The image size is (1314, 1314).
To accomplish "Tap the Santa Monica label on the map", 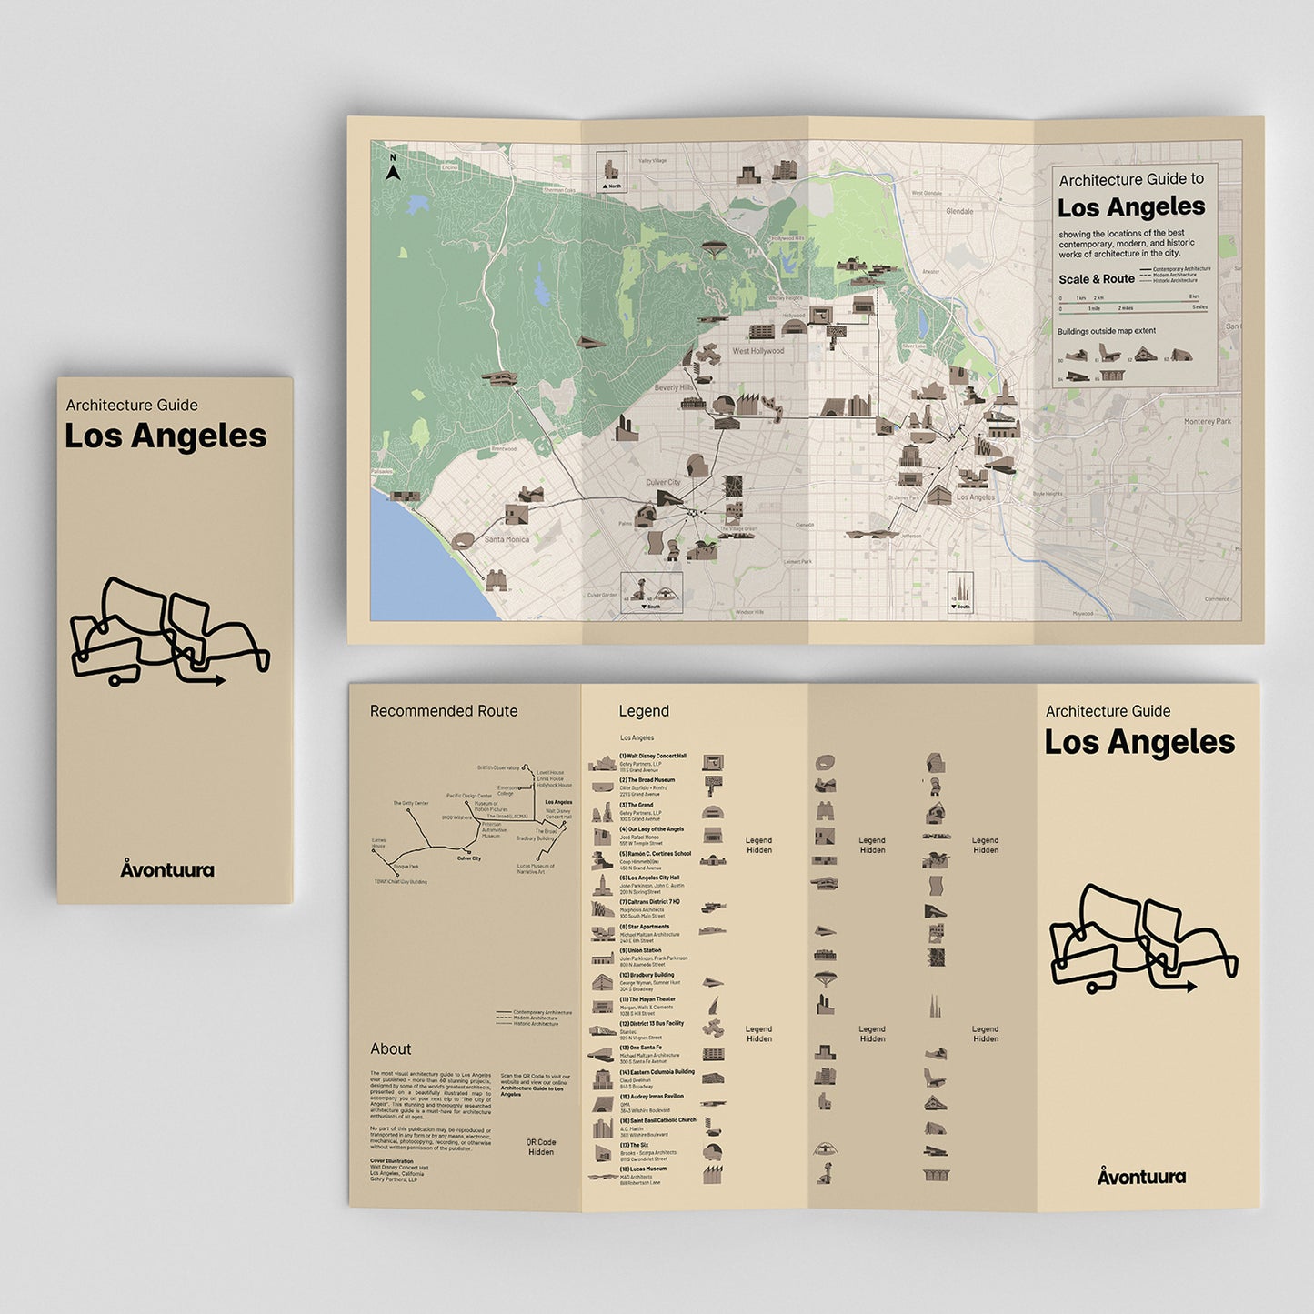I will click(507, 539).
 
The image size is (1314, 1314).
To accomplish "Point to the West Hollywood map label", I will click(757, 351).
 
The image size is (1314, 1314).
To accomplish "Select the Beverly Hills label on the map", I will click(674, 387).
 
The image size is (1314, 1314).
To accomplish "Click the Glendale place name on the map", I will click(959, 211).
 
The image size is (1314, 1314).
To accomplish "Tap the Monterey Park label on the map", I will click(1207, 422).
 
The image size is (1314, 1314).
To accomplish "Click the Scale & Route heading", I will click(1096, 279).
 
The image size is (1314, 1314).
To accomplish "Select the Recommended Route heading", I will click(444, 711).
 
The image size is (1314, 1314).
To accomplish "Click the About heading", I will click(390, 1048).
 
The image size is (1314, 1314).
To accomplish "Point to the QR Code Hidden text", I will click(541, 1147).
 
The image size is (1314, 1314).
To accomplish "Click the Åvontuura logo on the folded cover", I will click(167, 869).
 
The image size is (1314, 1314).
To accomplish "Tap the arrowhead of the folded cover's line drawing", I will click(221, 679).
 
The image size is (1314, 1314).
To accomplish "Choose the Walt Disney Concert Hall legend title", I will click(653, 756).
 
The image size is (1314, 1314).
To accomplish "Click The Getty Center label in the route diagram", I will click(411, 804).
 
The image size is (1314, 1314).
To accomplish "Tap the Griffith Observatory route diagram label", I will click(498, 768).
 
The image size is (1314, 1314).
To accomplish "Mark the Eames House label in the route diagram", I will click(378, 843).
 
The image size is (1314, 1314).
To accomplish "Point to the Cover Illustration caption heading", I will click(391, 1161).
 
